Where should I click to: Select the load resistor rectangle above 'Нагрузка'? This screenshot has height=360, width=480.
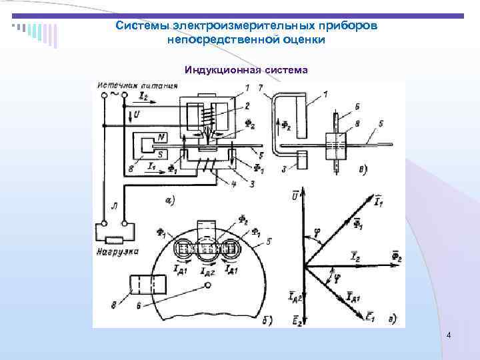(x=117, y=238)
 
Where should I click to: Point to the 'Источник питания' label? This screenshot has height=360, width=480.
(x=137, y=86)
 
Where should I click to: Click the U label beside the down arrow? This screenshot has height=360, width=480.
(x=137, y=115)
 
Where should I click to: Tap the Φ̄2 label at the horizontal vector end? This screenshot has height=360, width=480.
(x=397, y=256)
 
